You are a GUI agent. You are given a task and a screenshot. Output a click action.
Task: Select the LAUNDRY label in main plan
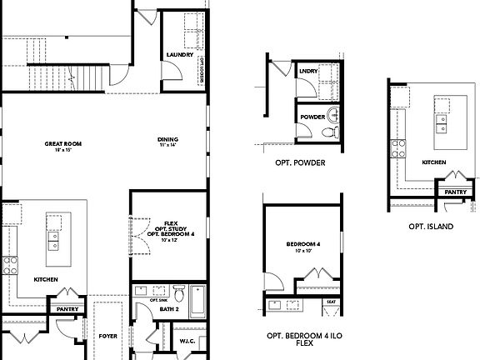pyautogui.click(x=179, y=54)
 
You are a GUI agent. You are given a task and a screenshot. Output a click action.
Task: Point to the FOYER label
pyautogui.click(x=107, y=337)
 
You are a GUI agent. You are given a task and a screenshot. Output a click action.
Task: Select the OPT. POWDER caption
pyautogui.click(x=300, y=163)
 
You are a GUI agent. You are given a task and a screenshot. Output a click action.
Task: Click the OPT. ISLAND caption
pyautogui.click(x=431, y=227)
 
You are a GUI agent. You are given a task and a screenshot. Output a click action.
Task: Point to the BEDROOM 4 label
pyautogui.click(x=298, y=244)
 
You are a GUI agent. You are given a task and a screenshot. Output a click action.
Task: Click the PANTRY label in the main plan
pyautogui.click(x=67, y=310)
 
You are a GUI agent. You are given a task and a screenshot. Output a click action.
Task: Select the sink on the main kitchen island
pyautogui.click(x=54, y=242)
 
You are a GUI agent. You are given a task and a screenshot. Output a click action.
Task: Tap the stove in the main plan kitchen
pyautogui.click(x=12, y=267)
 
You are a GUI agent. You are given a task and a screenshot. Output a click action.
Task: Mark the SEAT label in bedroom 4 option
pyautogui.click(x=331, y=302)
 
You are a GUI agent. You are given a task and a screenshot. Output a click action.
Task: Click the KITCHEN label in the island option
pyautogui.click(x=433, y=162)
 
